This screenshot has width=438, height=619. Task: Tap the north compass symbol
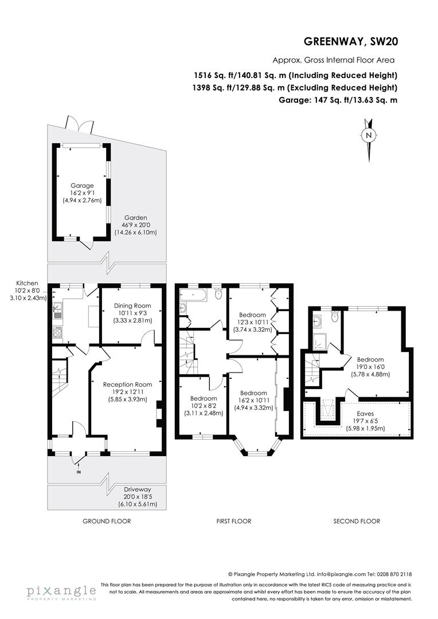coord(369,135)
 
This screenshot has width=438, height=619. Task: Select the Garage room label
coord(82,186)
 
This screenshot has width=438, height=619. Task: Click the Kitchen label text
coord(27,283)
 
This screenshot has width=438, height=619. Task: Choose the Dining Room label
coord(131,305)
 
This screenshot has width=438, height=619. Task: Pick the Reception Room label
coord(127,385)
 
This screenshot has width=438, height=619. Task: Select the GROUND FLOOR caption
coord(107,522)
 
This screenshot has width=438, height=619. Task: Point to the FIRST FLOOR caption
coord(233,522)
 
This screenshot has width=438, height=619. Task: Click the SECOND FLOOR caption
coord(357,522)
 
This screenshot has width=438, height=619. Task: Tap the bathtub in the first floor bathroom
coord(193,295)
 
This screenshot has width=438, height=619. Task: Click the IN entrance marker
coord(79,472)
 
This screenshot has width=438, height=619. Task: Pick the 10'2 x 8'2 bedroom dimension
coord(204,405)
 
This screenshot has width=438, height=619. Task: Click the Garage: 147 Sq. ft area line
coord(337,100)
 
